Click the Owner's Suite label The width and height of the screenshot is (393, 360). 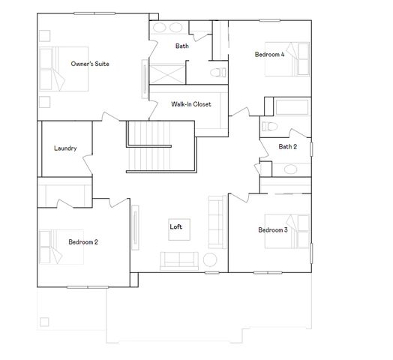click(90, 64)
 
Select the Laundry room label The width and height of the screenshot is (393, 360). click(65, 148)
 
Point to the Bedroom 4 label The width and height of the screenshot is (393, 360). click(269, 54)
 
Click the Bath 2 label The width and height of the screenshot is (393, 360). click(288, 146)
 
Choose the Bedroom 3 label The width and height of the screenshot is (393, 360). click(273, 229)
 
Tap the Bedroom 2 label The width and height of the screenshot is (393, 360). click(83, 241)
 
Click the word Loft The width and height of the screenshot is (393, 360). click(175, 226)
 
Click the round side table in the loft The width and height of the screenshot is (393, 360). click(211, 260)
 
